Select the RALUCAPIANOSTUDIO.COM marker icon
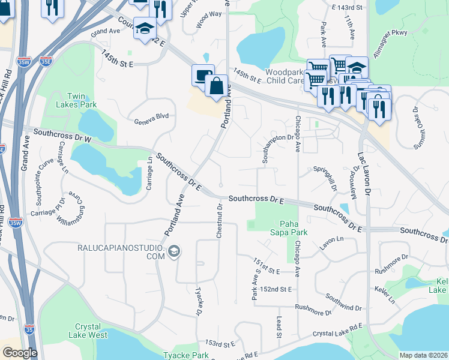[x=174, y=251]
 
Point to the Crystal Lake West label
[x=88, y=331]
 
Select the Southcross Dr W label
[x=62, y=136]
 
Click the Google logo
[x=19, y=353]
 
